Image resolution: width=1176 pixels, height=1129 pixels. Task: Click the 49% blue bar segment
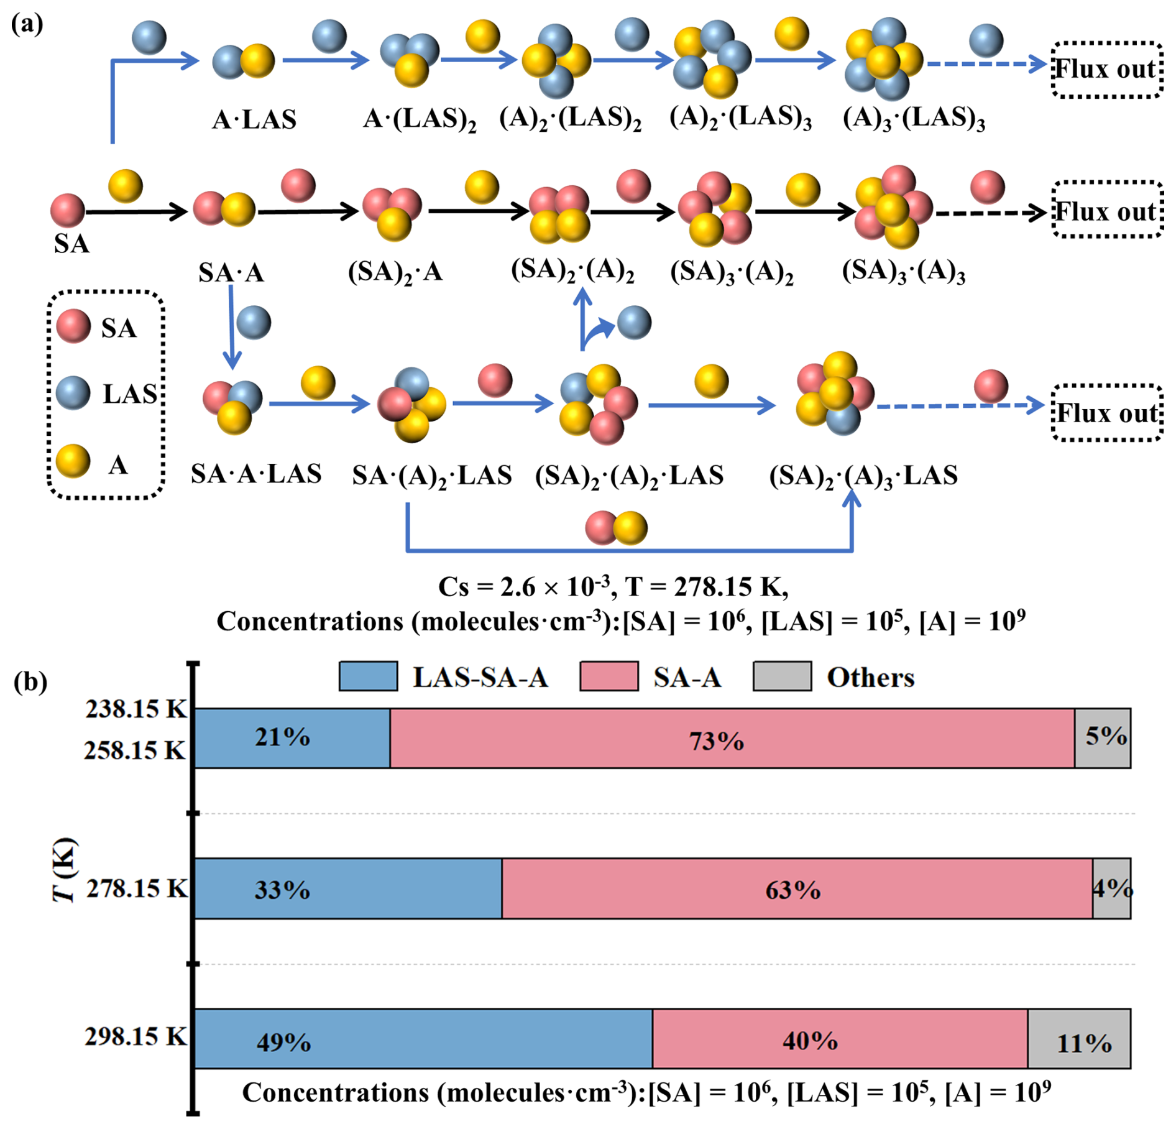click(x=423, y=1038)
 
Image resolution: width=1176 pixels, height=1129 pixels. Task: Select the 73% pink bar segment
click(x=732, y=738)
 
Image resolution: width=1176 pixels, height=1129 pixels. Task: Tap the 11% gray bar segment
click(x=1078, y=1038)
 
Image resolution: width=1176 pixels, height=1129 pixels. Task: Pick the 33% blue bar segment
click(x=348, y=888)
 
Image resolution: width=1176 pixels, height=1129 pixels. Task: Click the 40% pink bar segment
click(x=839, y=1038)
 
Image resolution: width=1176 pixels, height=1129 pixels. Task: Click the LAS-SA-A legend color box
click(x=368, y=676)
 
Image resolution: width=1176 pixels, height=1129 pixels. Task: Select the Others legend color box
click(x=781, y=676)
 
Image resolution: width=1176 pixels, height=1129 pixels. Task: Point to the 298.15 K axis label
click(x=136, y=1036)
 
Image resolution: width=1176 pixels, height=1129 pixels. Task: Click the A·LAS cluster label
click(x=254, y=119)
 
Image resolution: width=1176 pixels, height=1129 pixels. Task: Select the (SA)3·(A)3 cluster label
click(x=903, y=272)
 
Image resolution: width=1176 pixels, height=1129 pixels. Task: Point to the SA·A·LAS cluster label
click(x=256, y=474)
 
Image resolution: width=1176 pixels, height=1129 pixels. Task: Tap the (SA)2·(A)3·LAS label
click(x=863, y=476)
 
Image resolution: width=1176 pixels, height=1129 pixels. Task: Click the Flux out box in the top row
click(x=1106, y=69)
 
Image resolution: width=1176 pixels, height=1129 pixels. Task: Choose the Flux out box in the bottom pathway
click(x=1106, y=413)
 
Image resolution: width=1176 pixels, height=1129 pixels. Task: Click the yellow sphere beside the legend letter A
click(x=73, y=461)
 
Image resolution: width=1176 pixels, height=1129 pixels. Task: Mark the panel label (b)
click(x=30, y=681)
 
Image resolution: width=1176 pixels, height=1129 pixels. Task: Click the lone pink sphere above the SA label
click(x=67, y=210)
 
